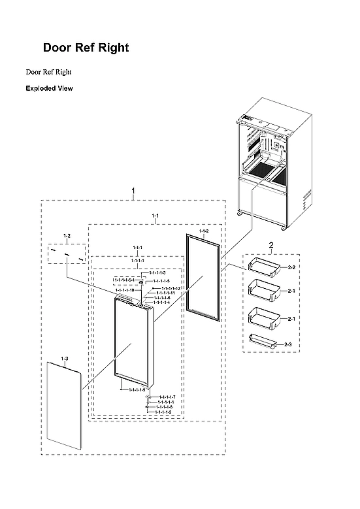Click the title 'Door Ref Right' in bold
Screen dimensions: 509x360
[86, 48]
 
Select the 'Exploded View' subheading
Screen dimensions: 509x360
[49, 88]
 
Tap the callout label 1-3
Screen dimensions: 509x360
[64, 359]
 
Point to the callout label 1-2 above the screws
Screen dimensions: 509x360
[67, 235]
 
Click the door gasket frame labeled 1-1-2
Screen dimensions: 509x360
[203, 274]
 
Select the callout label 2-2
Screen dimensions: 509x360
[292, 267]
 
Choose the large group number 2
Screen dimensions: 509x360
[271, 244]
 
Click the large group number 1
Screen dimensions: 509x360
[133, 191]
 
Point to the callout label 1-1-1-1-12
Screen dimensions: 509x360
[170, 288]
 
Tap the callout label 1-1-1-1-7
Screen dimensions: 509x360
[167, 397]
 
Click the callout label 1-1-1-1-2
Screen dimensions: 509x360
[164, 412]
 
